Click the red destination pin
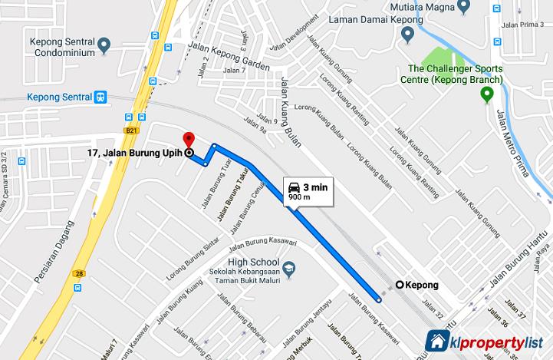(189, 139)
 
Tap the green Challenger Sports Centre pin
(486, 94)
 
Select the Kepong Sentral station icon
(100, 97)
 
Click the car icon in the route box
(294, 187)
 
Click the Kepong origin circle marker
(399, 285)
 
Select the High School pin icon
(288, 268)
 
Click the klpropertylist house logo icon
(438, 341)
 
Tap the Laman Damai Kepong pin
(408, 34)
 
